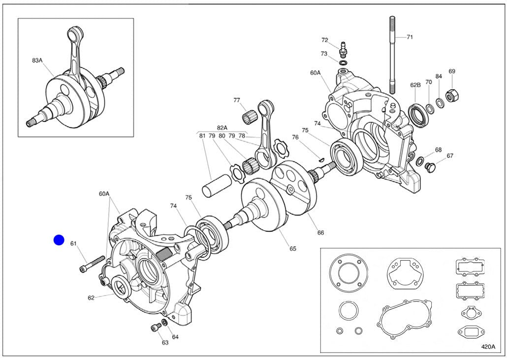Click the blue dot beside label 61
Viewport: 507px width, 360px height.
point(59,240)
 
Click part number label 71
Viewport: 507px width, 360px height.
point(410,37)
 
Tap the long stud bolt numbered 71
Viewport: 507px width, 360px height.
point(393,54)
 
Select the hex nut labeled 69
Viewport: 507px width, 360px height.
point(450,94)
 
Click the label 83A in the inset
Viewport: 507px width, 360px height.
point(37,60)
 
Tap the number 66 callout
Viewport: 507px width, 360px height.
point(320,232)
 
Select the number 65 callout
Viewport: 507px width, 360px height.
point(293,248)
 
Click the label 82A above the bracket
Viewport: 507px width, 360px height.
point(222,127)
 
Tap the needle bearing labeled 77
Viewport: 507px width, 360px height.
point(251,119)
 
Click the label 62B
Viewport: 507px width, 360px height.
point(415,85)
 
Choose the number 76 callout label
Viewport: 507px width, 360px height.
point(295,137)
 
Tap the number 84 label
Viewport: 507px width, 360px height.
point(439,76)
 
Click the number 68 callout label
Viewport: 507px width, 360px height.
point(438,150)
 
